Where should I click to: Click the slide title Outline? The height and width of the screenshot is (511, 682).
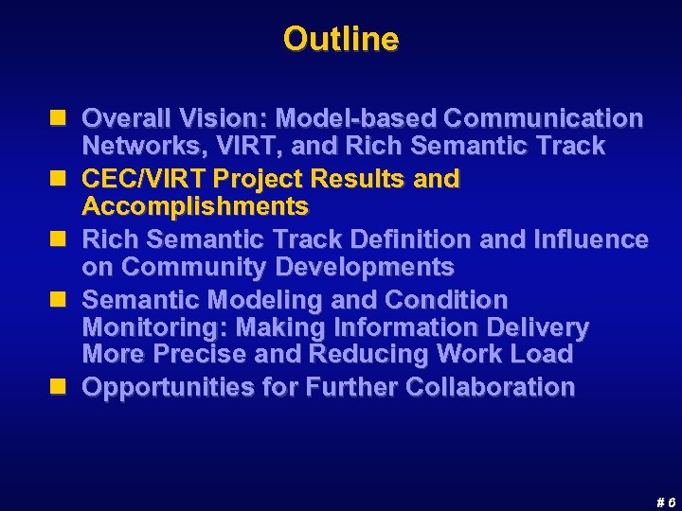(341, 40)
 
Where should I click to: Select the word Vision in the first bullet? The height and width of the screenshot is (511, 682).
(230, 119)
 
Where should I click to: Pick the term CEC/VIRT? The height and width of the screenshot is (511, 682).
(145, 179)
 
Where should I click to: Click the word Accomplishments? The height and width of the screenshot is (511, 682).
(195, 206)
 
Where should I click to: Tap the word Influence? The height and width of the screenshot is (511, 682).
(593, 240)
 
